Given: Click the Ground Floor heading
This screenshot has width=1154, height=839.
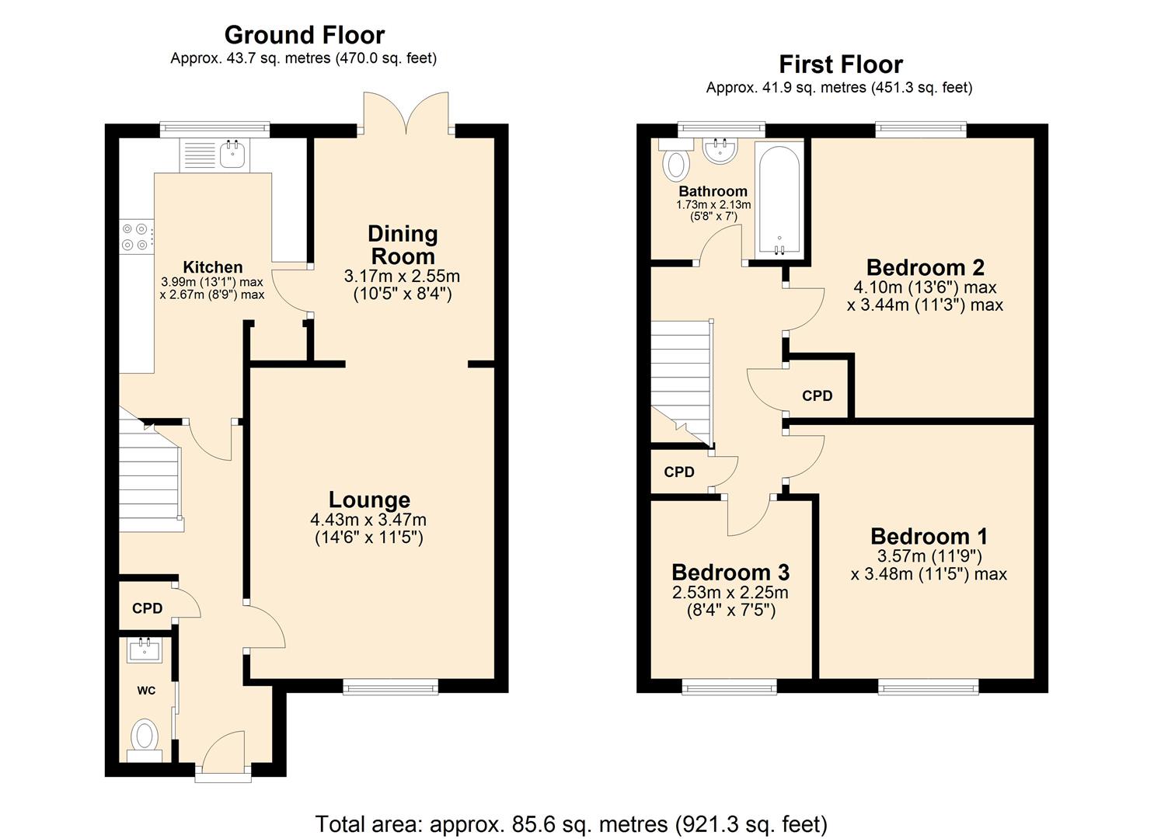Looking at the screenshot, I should [x=304, y=35].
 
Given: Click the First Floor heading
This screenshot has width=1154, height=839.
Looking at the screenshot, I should [x=841, y=64].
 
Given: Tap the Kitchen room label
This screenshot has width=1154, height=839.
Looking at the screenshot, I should [x=212, y=267].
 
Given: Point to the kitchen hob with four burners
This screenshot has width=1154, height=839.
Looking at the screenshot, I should [x=134, y=237].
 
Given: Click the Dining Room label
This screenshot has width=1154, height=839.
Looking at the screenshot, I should [x=403, y=245].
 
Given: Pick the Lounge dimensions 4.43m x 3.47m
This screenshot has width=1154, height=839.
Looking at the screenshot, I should [x=368, y=520].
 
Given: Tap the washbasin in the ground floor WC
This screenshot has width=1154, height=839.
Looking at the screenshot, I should [x=145, y=650].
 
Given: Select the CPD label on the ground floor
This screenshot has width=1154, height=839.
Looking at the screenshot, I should [x=147, y=608].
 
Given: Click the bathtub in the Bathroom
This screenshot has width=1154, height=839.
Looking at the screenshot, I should [x=778, y=198].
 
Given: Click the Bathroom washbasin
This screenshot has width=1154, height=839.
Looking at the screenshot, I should [x=720, y=150].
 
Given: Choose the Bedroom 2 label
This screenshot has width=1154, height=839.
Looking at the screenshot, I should [x=925, y=267].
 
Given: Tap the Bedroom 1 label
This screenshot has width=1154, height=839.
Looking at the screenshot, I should [x=929, y=536].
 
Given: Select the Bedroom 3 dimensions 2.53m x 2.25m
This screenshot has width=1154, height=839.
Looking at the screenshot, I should [x=730, y=593].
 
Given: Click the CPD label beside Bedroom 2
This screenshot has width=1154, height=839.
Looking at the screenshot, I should [x=817, y=395].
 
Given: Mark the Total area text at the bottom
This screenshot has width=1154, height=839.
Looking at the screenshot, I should [x=571, y=823].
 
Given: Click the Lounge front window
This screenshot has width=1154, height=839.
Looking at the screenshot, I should [x=391, y=686].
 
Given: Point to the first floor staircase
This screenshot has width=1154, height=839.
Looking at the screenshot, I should [x=681, y=381].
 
